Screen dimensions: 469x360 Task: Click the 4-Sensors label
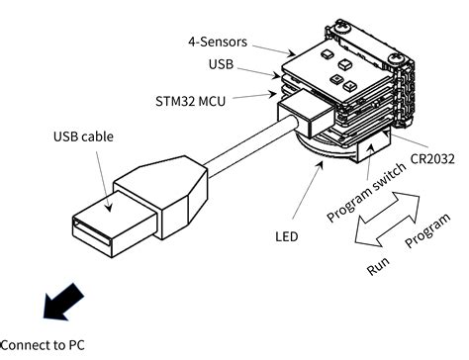(x=218, y=42)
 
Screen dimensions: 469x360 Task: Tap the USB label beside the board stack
(x=221, y=64)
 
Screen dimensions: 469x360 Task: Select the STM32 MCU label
(x=191, y=101)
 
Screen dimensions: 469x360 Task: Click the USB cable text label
(x=83, y=136)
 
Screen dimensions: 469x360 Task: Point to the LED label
(x=287, y=236)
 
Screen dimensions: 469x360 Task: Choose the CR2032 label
(x=432, y=159)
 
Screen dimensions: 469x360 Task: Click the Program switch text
(x=366, y=192)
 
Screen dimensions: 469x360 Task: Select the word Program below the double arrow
(x=427, y=230)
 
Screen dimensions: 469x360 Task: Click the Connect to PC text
(x=43, y=345)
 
